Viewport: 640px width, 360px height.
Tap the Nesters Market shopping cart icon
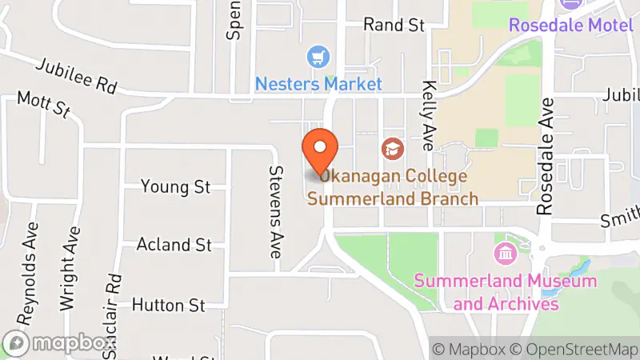(x=319, y=57)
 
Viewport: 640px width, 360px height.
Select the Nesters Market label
(x=318, y=83)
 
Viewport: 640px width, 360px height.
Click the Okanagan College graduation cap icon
(x=392, y=147)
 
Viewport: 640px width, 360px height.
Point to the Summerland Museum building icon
(x=506, y=255)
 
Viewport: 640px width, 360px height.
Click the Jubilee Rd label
(x=77, y=74)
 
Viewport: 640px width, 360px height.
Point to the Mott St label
(x=44, y=105)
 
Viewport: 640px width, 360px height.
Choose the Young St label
(x=175, y=187)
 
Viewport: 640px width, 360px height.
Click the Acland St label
(x=174, y=244)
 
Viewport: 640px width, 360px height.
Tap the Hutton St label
(x=168, y=305)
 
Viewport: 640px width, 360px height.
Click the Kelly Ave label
(x=428, y=109)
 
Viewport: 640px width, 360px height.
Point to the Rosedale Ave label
(x=546, y=156)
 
